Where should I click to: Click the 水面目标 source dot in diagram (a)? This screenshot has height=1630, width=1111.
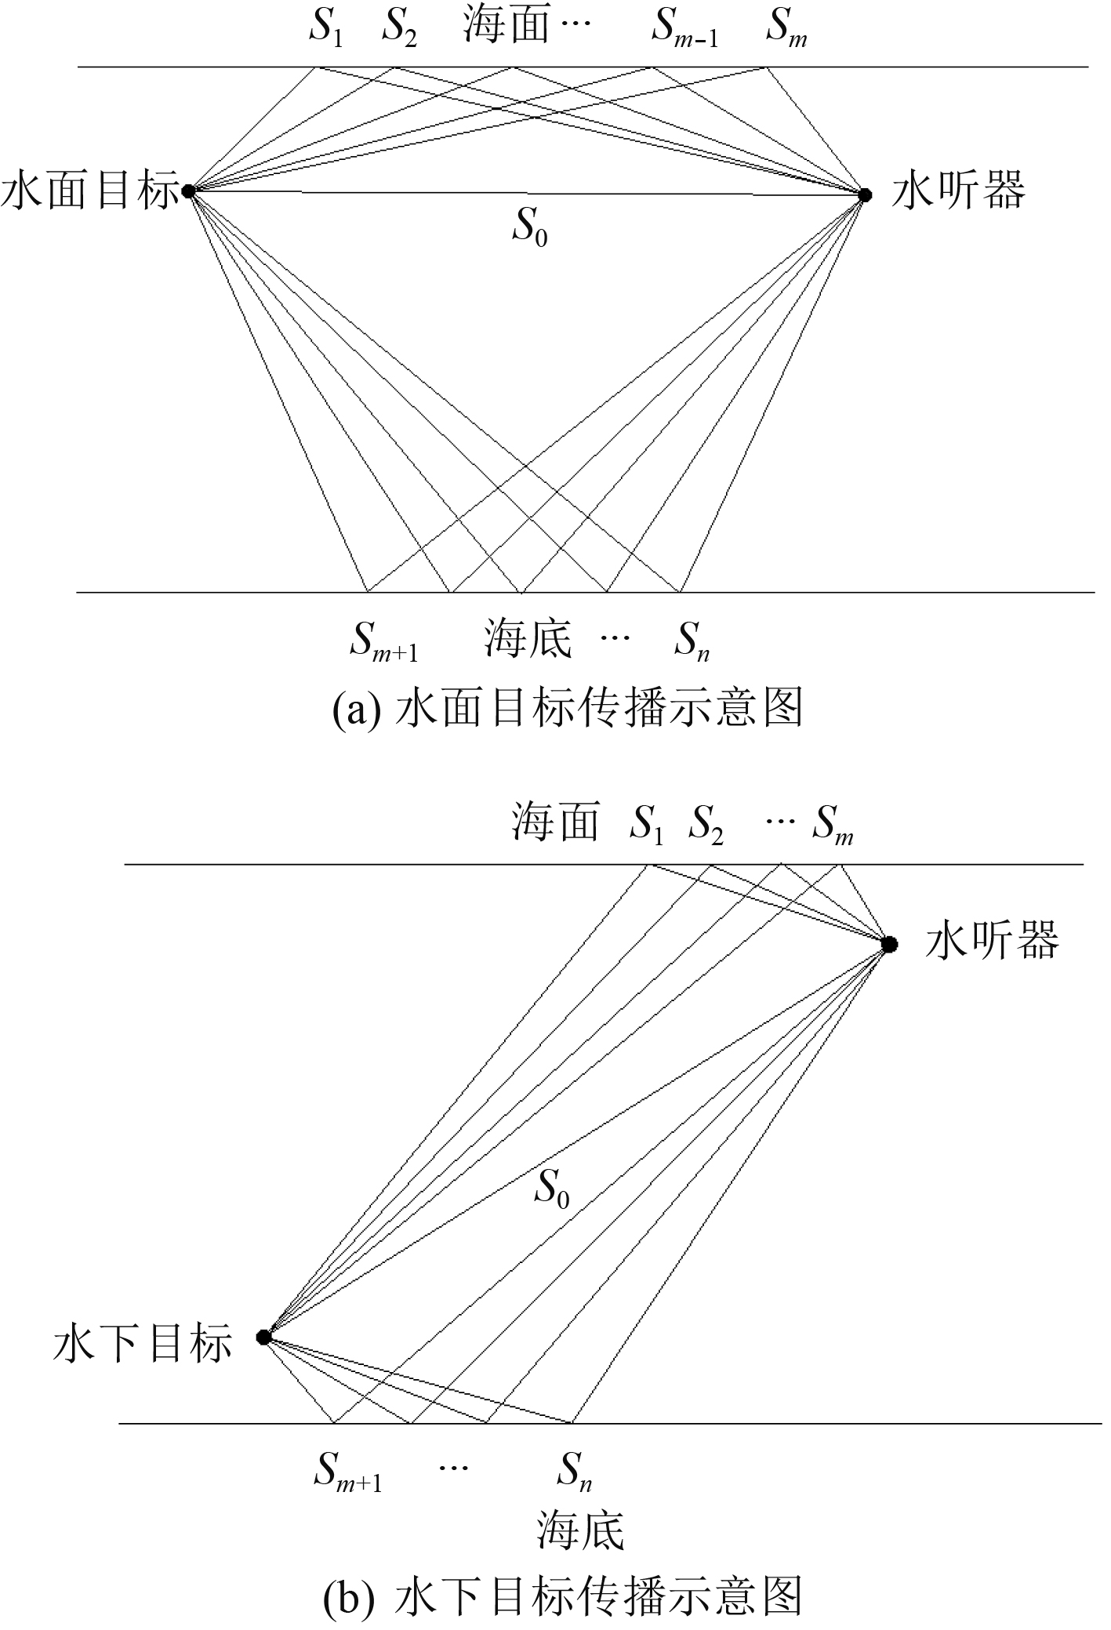pos(188,191)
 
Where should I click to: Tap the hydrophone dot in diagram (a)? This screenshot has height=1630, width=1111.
pos(865,194)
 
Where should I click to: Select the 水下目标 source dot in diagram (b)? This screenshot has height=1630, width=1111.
pos(264,1337)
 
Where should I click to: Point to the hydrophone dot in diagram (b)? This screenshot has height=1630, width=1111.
pos(888,945)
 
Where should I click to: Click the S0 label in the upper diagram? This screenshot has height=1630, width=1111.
pos(530,227)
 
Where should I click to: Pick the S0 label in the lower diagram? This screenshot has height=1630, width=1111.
pos(552,1189)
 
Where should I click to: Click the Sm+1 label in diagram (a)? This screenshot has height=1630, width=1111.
pos(383,640)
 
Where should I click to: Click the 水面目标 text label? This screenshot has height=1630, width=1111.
pos(90,191)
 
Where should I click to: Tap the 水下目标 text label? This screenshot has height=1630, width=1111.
pos(143,1341)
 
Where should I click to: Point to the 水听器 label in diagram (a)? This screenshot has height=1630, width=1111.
pos(958,191)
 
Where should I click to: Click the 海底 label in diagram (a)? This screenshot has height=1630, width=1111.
pos(528,638)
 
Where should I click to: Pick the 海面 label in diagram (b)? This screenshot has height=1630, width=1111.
pos(555,821)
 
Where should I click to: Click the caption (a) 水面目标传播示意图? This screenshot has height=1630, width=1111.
pos(568,708)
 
